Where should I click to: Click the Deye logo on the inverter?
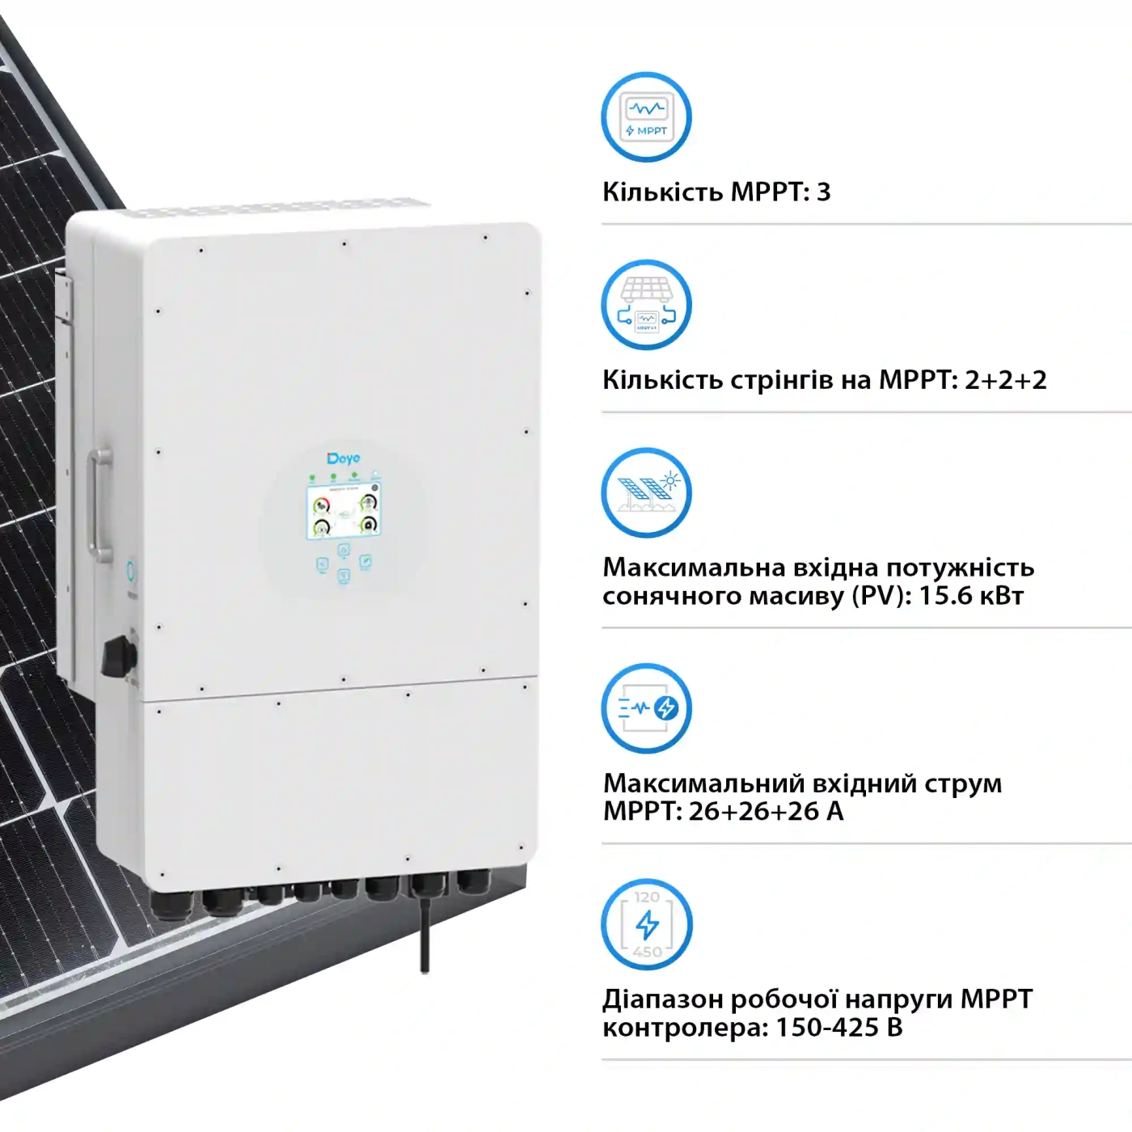click(x=343, y=458)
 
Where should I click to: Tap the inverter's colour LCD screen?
click(x=344, y=513)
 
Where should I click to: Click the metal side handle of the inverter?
click(x=100, y=506)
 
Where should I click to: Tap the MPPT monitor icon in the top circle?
click(x=646, y=117)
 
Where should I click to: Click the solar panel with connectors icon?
click(x=646, y=305)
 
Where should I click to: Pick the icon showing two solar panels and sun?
click(x=646, y=493)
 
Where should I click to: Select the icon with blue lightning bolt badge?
click(x=646, y=708)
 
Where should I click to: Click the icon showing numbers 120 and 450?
click(x=646, y=924)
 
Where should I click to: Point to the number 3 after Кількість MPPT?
click(x=824, y=192)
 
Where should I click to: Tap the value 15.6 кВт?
click(x=971, y=596)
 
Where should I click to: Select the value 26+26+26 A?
click(x=766, y=811)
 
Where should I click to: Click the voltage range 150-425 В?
click(x=838, y=1027)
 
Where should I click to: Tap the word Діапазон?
click(x=662, y=999)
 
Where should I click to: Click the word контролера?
click(x=685, y=1028)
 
